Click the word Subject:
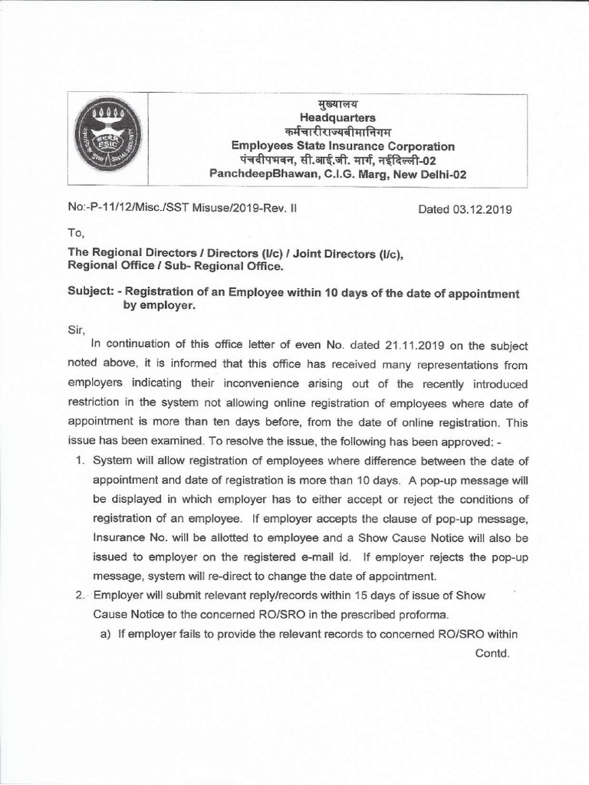click(94, 293)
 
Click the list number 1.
click(80, 461)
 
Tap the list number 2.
click(80, 596)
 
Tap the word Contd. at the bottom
click(492, 653)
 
